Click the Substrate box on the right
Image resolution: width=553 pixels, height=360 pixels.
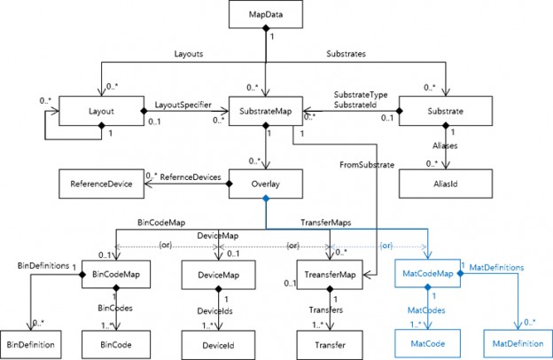coord(443,113)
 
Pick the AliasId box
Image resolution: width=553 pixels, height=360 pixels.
coord(443,184)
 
